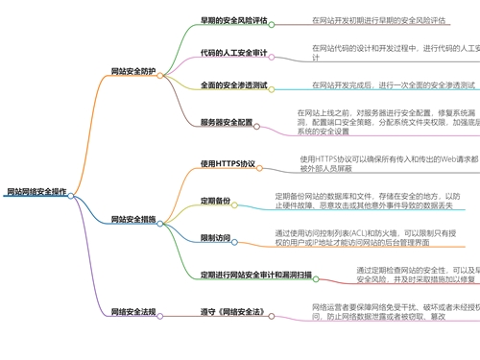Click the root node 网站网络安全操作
[x=36, y=191]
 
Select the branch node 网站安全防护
[x=134, y=70]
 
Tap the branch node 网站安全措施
[x=134, y=220]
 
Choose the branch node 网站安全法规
[x=134, y=312]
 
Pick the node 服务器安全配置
[x=227, y=122]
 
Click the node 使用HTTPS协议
[x=228, y=163]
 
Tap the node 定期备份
[x=216, y=200]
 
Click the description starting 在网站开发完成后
[x=394, y=85]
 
